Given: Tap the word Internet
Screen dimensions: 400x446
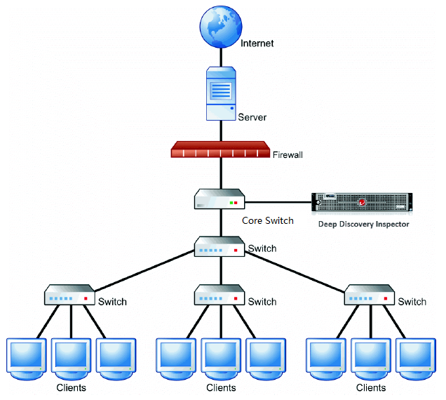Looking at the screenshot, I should pyautogui.click(x=257, y=44).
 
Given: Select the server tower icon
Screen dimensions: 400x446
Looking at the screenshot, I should pyautogui.click(x=220, y=93).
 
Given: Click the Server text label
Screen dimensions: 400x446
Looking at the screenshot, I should pyautogui.click(x=252, y=116).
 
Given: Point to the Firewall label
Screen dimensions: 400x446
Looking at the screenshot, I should pyautogui.click(x=288, y=154).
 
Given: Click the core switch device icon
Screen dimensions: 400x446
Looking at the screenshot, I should pyautogui.click(x=219, y=199).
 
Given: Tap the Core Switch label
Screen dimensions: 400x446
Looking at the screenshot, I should pyautogui.click(x=267, y=220).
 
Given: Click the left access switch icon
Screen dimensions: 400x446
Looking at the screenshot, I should pyautogui.click(x=69, y=295).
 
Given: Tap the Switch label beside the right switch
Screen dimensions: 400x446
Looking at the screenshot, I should pyautogui.click(x=412, y=302).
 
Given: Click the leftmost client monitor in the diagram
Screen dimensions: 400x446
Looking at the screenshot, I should pyautogui.click(x=27, y=356).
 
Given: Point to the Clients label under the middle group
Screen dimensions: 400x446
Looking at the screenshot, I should pyautogui.click(x=221, y=388).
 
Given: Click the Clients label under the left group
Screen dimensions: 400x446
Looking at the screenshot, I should pyautogui.click(x=72, y=388).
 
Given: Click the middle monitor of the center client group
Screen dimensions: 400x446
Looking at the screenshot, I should pyautogui.click(x=221, y=356).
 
